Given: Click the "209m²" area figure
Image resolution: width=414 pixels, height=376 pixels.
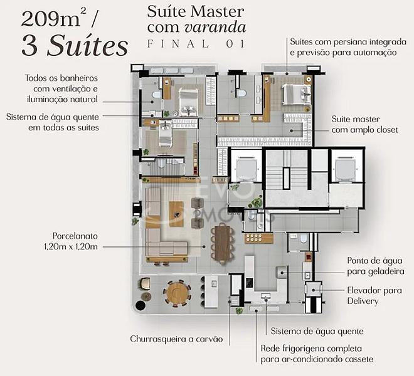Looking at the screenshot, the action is pyautogui.click(x=51, y=19).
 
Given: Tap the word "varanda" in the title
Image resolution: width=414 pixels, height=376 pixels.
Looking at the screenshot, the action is pyautogui.click(x=215, y=28).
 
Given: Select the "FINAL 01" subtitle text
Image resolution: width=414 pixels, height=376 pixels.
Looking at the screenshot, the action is pyautogui.click(x=196, y=43).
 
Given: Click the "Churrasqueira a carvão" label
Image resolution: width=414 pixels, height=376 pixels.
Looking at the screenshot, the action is pyautogui.click(x=176, y=339).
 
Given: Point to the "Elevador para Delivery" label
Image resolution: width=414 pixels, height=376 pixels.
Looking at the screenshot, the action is pyautogui.click(x=374, y=296).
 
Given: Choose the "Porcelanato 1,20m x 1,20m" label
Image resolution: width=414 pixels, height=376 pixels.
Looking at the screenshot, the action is pyautogui.click(x=71, y=241).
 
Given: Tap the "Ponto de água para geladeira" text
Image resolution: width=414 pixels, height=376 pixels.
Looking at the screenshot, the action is pyautogui.click(x=376, y=266).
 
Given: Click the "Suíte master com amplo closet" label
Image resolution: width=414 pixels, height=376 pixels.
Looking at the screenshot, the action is pyautogui.click(x=364, y=124).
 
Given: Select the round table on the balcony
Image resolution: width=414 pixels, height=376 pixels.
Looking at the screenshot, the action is pyautogui.click(x=177, y=293).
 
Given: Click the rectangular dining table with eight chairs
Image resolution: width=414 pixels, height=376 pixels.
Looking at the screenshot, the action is pyautogui.click(x=223, y=243).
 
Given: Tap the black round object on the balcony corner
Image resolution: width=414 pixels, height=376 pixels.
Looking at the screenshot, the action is pyautogui.click(x=141, y=305).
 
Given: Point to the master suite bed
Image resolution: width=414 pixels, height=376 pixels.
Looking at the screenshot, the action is pyautogui.click(x=296, y=95).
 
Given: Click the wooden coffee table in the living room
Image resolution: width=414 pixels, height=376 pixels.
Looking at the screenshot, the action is pyautogui.click(x=176, y=214).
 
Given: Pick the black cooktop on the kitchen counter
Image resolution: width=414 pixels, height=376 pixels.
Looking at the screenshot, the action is pyautogui.click(x=249, y=283).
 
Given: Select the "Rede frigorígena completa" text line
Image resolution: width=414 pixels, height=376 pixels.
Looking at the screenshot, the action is pyautogui.click(x=311, y=348).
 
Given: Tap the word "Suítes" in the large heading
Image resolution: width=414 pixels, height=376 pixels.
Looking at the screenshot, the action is pyautogui.click(x=87, y=46).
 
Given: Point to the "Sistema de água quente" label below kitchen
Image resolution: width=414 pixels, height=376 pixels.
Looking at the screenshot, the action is pyautogui.click(x=317, y=331).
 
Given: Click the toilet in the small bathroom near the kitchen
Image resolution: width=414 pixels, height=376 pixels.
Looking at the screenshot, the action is pyautogui.click(x=304, y=239).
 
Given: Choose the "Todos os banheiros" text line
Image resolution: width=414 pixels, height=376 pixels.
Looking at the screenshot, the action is pyautogui.click(x=61, y=78).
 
